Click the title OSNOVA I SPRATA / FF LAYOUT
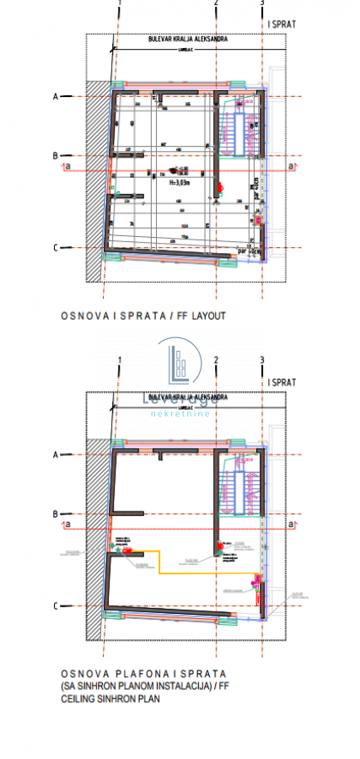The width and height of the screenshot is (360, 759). click(x=143, y=316)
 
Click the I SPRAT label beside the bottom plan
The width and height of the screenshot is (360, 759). click(x=282, y=382)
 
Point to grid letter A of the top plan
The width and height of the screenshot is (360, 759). click(x=55, y=97)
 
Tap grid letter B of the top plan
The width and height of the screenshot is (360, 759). click(x=55, y=156)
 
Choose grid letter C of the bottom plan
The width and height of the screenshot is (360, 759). click(x=55, y=606)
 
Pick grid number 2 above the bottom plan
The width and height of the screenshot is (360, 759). click(x=217, y=361)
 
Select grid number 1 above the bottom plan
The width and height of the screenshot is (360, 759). click(x=120, y=361)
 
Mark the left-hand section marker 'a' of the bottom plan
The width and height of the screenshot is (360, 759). click(x=67, y=525)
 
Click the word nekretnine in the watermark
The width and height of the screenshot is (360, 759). click(x=179, y=415)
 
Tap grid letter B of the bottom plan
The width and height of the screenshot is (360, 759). click(x=55, y=514)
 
